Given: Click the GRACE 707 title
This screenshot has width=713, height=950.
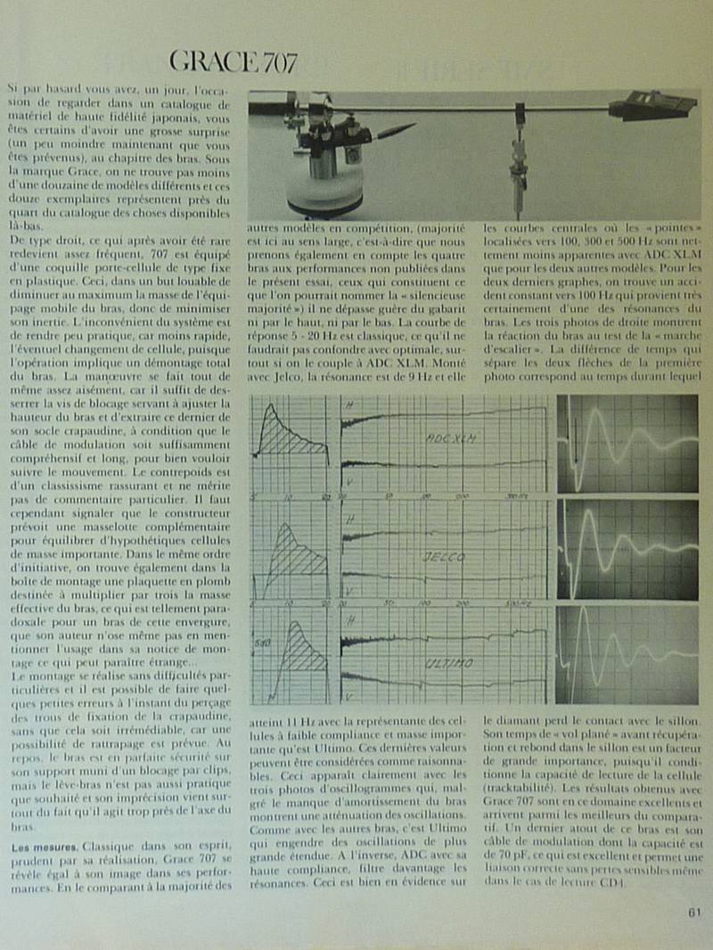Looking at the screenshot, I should (233, 62).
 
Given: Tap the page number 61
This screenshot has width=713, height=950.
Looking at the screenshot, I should (694, 911).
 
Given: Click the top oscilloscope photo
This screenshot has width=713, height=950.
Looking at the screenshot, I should (627, 443).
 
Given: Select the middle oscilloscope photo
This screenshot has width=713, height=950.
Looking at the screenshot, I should (627, 549).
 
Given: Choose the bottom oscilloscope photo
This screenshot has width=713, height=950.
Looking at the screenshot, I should (627, 655).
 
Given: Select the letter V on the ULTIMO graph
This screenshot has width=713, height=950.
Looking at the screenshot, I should (349, 696).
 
